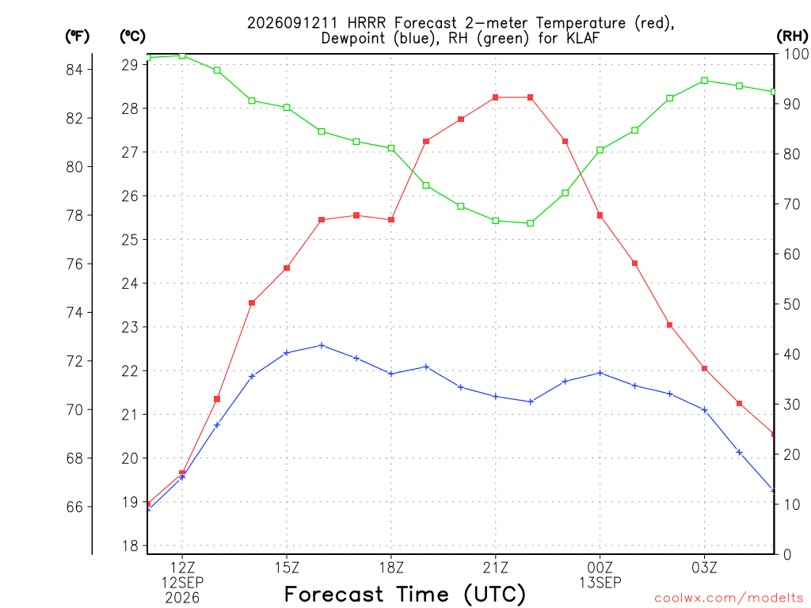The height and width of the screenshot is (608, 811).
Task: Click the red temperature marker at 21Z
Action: (x=496, y=97)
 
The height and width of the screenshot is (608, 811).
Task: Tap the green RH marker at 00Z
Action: (x=600, y=150)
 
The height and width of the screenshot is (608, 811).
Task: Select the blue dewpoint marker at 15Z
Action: (x=287, y=352)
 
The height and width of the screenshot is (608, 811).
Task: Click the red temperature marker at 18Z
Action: (x=391, y=220)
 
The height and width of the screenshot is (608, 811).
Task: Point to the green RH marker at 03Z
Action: (x=704, y=81)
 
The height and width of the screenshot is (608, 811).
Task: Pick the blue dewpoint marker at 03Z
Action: (x=704, y=410)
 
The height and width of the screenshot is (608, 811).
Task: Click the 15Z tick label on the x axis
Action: (x=287, y=568)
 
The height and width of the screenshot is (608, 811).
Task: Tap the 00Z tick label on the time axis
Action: (x=600, y=568)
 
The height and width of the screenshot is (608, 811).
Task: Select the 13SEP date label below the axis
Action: (x=600, y=583)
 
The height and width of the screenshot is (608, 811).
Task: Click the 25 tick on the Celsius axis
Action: (x=130, y=240)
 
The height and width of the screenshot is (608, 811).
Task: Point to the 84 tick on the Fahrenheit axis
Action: (x=74, y=70)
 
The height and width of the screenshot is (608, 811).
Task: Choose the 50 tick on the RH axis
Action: (x=791, y=304)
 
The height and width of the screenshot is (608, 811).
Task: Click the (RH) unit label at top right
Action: (x=792, y=36)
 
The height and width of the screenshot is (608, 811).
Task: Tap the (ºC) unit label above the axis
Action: (x=132, y=36)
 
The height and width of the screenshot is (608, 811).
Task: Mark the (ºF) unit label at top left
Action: (x=77, y=36)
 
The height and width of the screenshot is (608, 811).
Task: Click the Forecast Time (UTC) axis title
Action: (x=405, y=595)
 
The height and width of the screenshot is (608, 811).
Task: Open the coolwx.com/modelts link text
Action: (x=729, y=598)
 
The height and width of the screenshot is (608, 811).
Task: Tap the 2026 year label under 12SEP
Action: (x=182, y=598)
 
